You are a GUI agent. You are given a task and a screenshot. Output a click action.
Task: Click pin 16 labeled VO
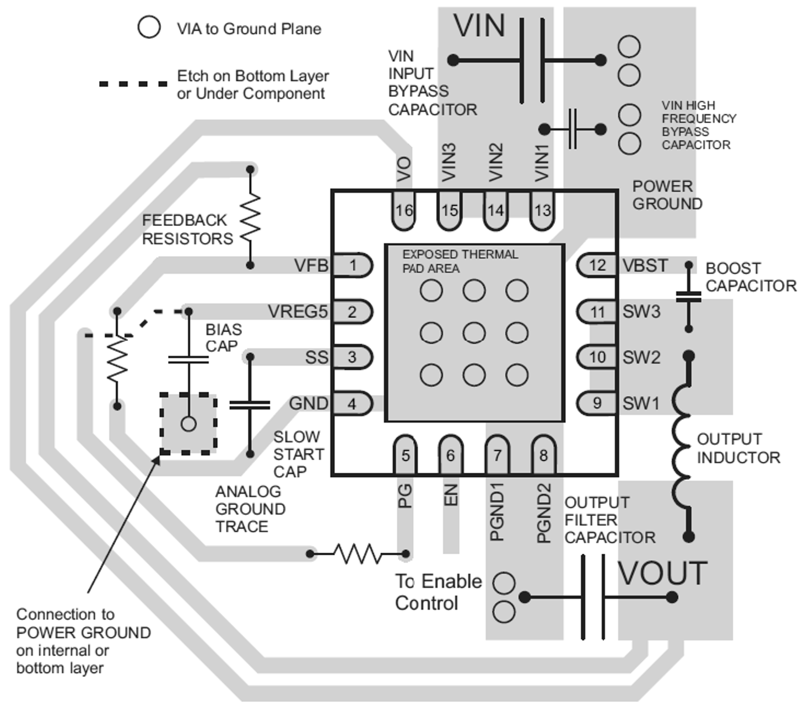(404, 210)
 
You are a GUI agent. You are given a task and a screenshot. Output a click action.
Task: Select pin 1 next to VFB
(353, 266)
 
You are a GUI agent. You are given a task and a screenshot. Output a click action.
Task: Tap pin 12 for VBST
(597, 266)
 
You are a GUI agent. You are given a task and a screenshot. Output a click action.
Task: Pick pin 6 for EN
(450, 455)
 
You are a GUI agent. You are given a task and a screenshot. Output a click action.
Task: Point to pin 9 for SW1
(597, 403)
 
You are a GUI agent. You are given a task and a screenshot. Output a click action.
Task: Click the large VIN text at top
(479, 26)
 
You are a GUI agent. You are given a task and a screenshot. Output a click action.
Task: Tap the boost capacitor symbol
(688, 297)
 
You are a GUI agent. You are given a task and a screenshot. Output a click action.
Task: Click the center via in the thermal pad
(474, 333)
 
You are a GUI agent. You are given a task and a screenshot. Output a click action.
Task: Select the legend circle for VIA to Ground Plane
(149, 27)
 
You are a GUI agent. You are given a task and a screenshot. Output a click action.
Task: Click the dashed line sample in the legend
(133, 84)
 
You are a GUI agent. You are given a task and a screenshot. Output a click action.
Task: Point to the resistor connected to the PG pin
(358, 553)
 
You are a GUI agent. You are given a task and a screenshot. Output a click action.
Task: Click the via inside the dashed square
(188, 424)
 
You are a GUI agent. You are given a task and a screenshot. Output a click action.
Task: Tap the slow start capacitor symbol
(250, 406)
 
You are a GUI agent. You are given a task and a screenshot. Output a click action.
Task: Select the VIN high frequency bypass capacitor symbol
(573, 129)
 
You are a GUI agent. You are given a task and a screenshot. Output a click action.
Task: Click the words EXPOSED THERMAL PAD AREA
(460, 261)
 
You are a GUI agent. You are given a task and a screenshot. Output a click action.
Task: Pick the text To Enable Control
(438, 592)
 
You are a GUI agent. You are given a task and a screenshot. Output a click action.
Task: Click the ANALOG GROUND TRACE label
(250, 509)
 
